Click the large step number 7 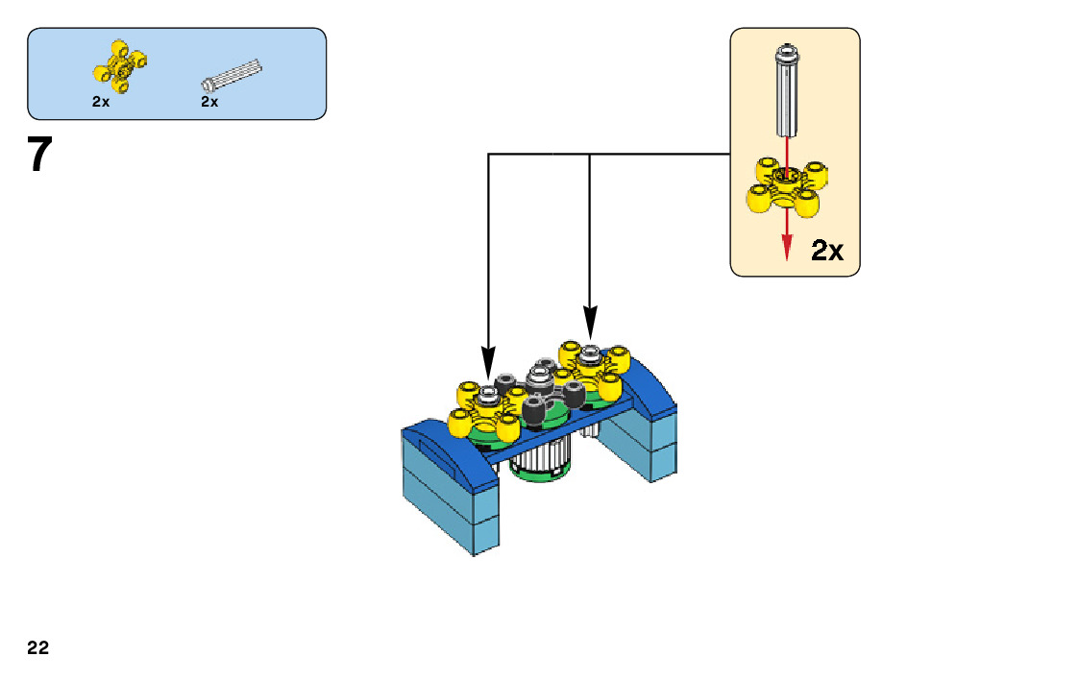point(38,156)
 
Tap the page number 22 point(38,648)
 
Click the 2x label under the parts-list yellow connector point(101,101)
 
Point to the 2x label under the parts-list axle point(209,101)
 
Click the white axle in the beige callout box point(787,91)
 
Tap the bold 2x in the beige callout point(827,252)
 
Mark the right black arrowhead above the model point(589,324)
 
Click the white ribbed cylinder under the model point(539,462)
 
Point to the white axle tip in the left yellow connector point(488,393)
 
